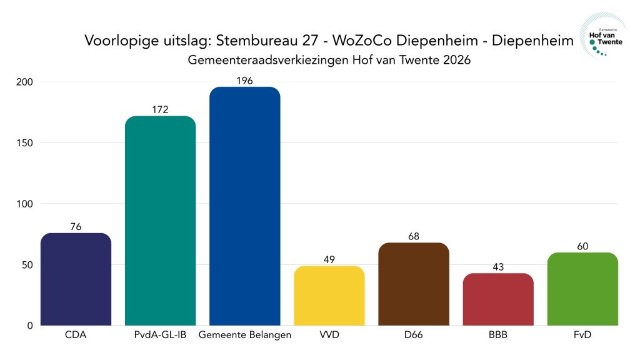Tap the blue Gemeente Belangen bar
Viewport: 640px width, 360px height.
244,206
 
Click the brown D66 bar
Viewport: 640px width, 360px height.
413,284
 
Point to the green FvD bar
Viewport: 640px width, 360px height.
582,289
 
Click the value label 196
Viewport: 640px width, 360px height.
244,80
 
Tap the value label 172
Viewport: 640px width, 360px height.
160,109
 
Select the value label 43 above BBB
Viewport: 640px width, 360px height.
498,267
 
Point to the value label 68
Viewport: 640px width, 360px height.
413,236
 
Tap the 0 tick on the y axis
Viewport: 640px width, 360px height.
30,326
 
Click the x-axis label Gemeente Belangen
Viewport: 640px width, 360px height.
244,335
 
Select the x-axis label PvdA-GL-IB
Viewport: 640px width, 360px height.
160,335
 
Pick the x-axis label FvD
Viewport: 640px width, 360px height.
582,335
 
